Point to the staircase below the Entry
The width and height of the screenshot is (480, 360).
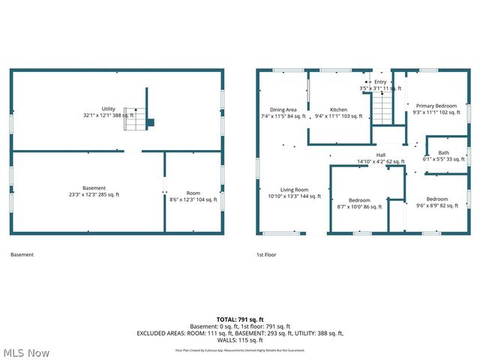coord(382,109)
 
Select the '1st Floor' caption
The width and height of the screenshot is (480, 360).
coord(266,255)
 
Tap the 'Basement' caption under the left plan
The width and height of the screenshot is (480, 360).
coord(22,255)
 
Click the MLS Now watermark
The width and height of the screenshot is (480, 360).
coord(27,352)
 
